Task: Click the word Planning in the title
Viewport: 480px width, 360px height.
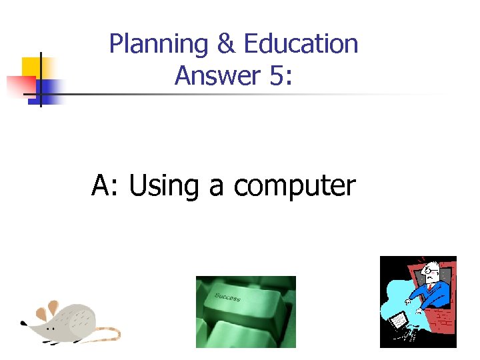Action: [x=159, y=45]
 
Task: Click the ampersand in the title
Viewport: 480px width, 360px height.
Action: [x=226, y=44]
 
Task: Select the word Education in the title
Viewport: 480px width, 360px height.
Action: [x=301, y=44]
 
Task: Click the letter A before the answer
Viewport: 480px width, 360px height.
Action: [x=101, y=186]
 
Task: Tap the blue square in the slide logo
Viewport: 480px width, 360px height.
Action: [x=51, y=90]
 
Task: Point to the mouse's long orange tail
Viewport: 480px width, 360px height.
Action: [x=107, y=333]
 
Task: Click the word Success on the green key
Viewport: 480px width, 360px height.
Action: [x=228, y=296]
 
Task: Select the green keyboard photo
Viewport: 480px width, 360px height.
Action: [x=245, y=312]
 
